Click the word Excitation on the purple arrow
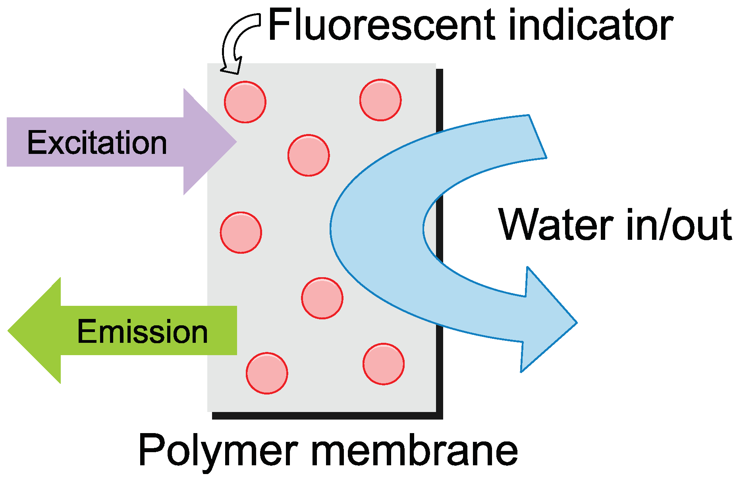click(x=97, y=143)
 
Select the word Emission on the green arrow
click(x=142, y=332)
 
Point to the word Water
click(x=556, y=225)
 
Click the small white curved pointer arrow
click(x=236, y=40)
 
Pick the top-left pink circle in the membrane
click(x=245, y=102)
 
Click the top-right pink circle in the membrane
click(x=380, y=100)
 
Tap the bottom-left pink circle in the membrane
click(x=266, y=373)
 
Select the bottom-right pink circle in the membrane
click(x=383, y=364)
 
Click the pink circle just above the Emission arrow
click(x=241, y=233)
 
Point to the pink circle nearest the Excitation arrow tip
click(x=308, y=155)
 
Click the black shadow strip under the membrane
click(x=326, y=416)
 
